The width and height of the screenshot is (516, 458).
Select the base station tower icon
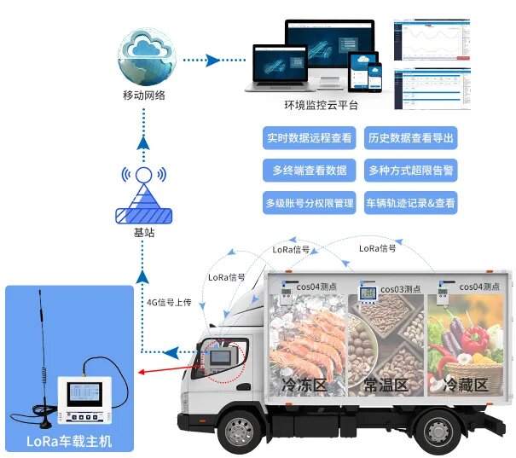143,198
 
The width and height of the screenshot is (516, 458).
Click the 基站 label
143,232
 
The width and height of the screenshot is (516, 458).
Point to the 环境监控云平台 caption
321,105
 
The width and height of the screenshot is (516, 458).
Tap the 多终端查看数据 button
308,171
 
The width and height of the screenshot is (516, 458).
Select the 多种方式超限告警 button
409,171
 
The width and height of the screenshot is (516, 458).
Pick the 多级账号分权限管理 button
308,203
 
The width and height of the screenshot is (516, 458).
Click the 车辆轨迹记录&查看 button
409,203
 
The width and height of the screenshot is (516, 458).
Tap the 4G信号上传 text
171,301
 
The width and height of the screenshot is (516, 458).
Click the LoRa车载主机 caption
69,441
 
